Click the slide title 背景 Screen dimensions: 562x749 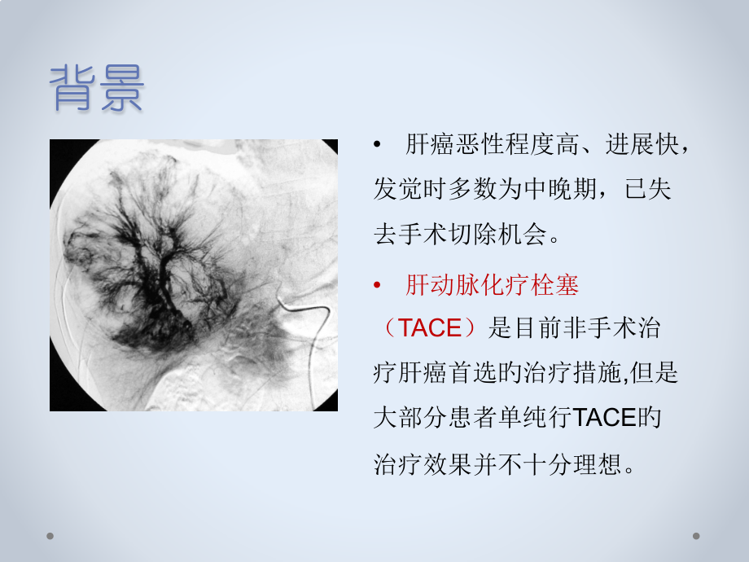click(x=97, y=88)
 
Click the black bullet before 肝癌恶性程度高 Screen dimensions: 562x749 click(x=377, y=146)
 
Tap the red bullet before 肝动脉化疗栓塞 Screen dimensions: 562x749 click(x=377, y=286)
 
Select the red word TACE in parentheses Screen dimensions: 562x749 click(x=431, y=329)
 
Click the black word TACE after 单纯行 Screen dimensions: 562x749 click(x=603, y=419)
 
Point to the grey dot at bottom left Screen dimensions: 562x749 click(x=50, y=536)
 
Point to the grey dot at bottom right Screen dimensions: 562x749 click(x=696, y=536)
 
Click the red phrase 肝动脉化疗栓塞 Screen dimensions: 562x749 click(x=492, y=286)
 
